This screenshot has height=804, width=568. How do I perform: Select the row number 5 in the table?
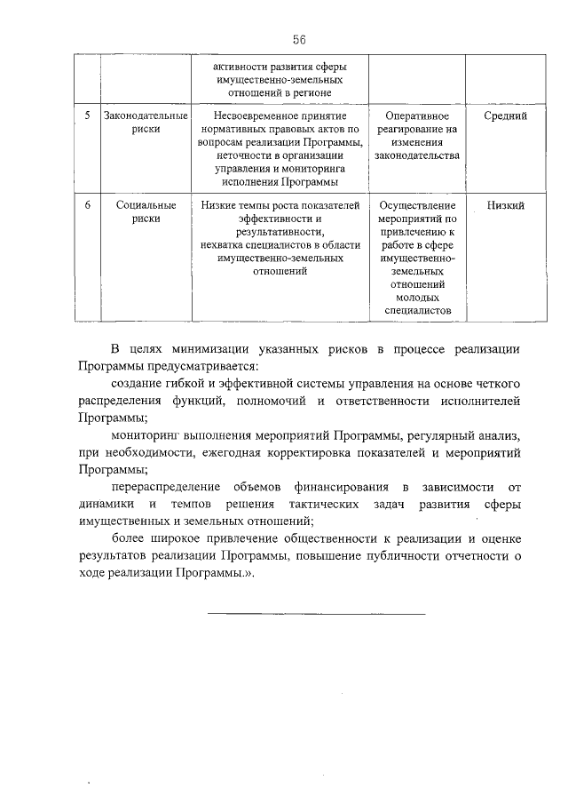pyautogui.click(x=85, y=116)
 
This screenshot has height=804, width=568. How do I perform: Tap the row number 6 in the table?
pyautogui.click(x=85, y=206)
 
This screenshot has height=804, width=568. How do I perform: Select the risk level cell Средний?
pyautogui.click(x=506, y=116)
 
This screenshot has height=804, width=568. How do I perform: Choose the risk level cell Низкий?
pyautogui.click(x=506, y=206)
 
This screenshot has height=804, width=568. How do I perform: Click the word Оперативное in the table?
pyautogui.click(x=416, y=116)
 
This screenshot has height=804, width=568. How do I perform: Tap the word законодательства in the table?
pyautogui.click(x=416, y=156)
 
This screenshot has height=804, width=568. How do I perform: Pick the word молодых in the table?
pyautogui.click(x=416, y=299)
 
